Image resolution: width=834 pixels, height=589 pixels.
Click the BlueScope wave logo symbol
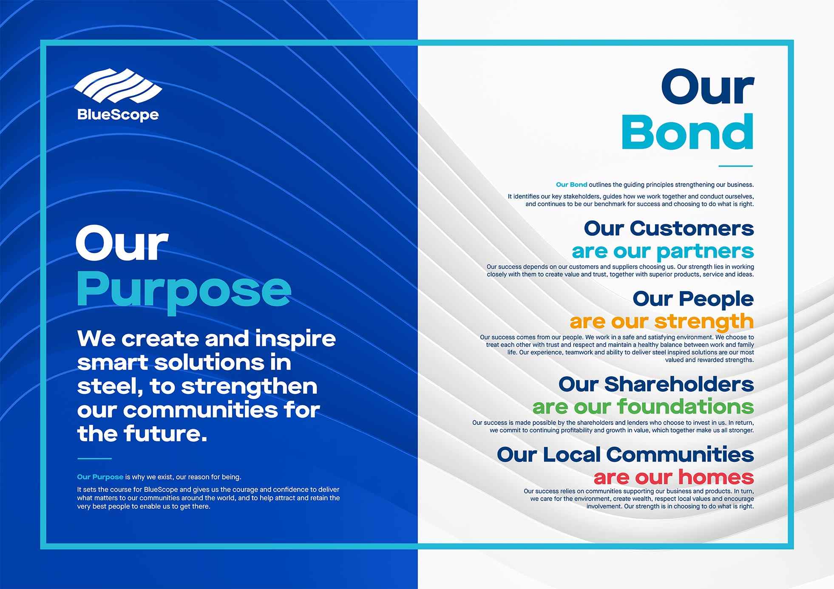pyautogui.click(x=118, y=86)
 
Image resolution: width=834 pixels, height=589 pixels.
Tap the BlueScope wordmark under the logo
pyautogui.click(x=118, y=115)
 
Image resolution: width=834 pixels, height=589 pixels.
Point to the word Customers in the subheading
pyautogui.click(x=692, y=229)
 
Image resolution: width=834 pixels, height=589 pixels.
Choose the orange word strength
pyautogui.click(x=704, y=322)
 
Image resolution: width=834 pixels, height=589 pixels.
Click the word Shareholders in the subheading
pyautogui.click(x=679, y=384)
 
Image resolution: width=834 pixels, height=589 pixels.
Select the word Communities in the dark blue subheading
pyautogui.click(x=680, y=454)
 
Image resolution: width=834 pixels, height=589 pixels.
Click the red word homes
pyautogui.click(x=716, y=477)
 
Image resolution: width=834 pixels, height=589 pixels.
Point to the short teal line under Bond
pyautogui.click(x=736, y=166)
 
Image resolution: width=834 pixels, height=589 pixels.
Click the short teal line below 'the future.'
pyautogui.click(x=94, y=459)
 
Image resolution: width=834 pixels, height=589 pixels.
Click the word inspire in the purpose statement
pyautogui.click(x=295, y=339)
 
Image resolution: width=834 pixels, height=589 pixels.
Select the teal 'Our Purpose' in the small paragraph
pyautogui.click(x=100, y=477)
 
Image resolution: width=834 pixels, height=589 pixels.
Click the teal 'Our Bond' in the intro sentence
pyautogui.click(x=572, y=184)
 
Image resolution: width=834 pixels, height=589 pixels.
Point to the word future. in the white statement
pyautogui.click(x=166, y=433)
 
